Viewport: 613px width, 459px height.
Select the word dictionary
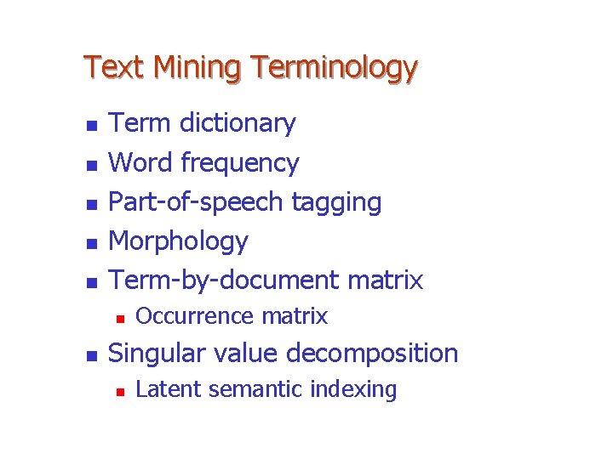point(236,123)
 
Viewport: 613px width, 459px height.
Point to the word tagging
point(336,202)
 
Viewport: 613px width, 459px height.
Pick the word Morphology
point(179,241)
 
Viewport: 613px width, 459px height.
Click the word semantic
point(256,389)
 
